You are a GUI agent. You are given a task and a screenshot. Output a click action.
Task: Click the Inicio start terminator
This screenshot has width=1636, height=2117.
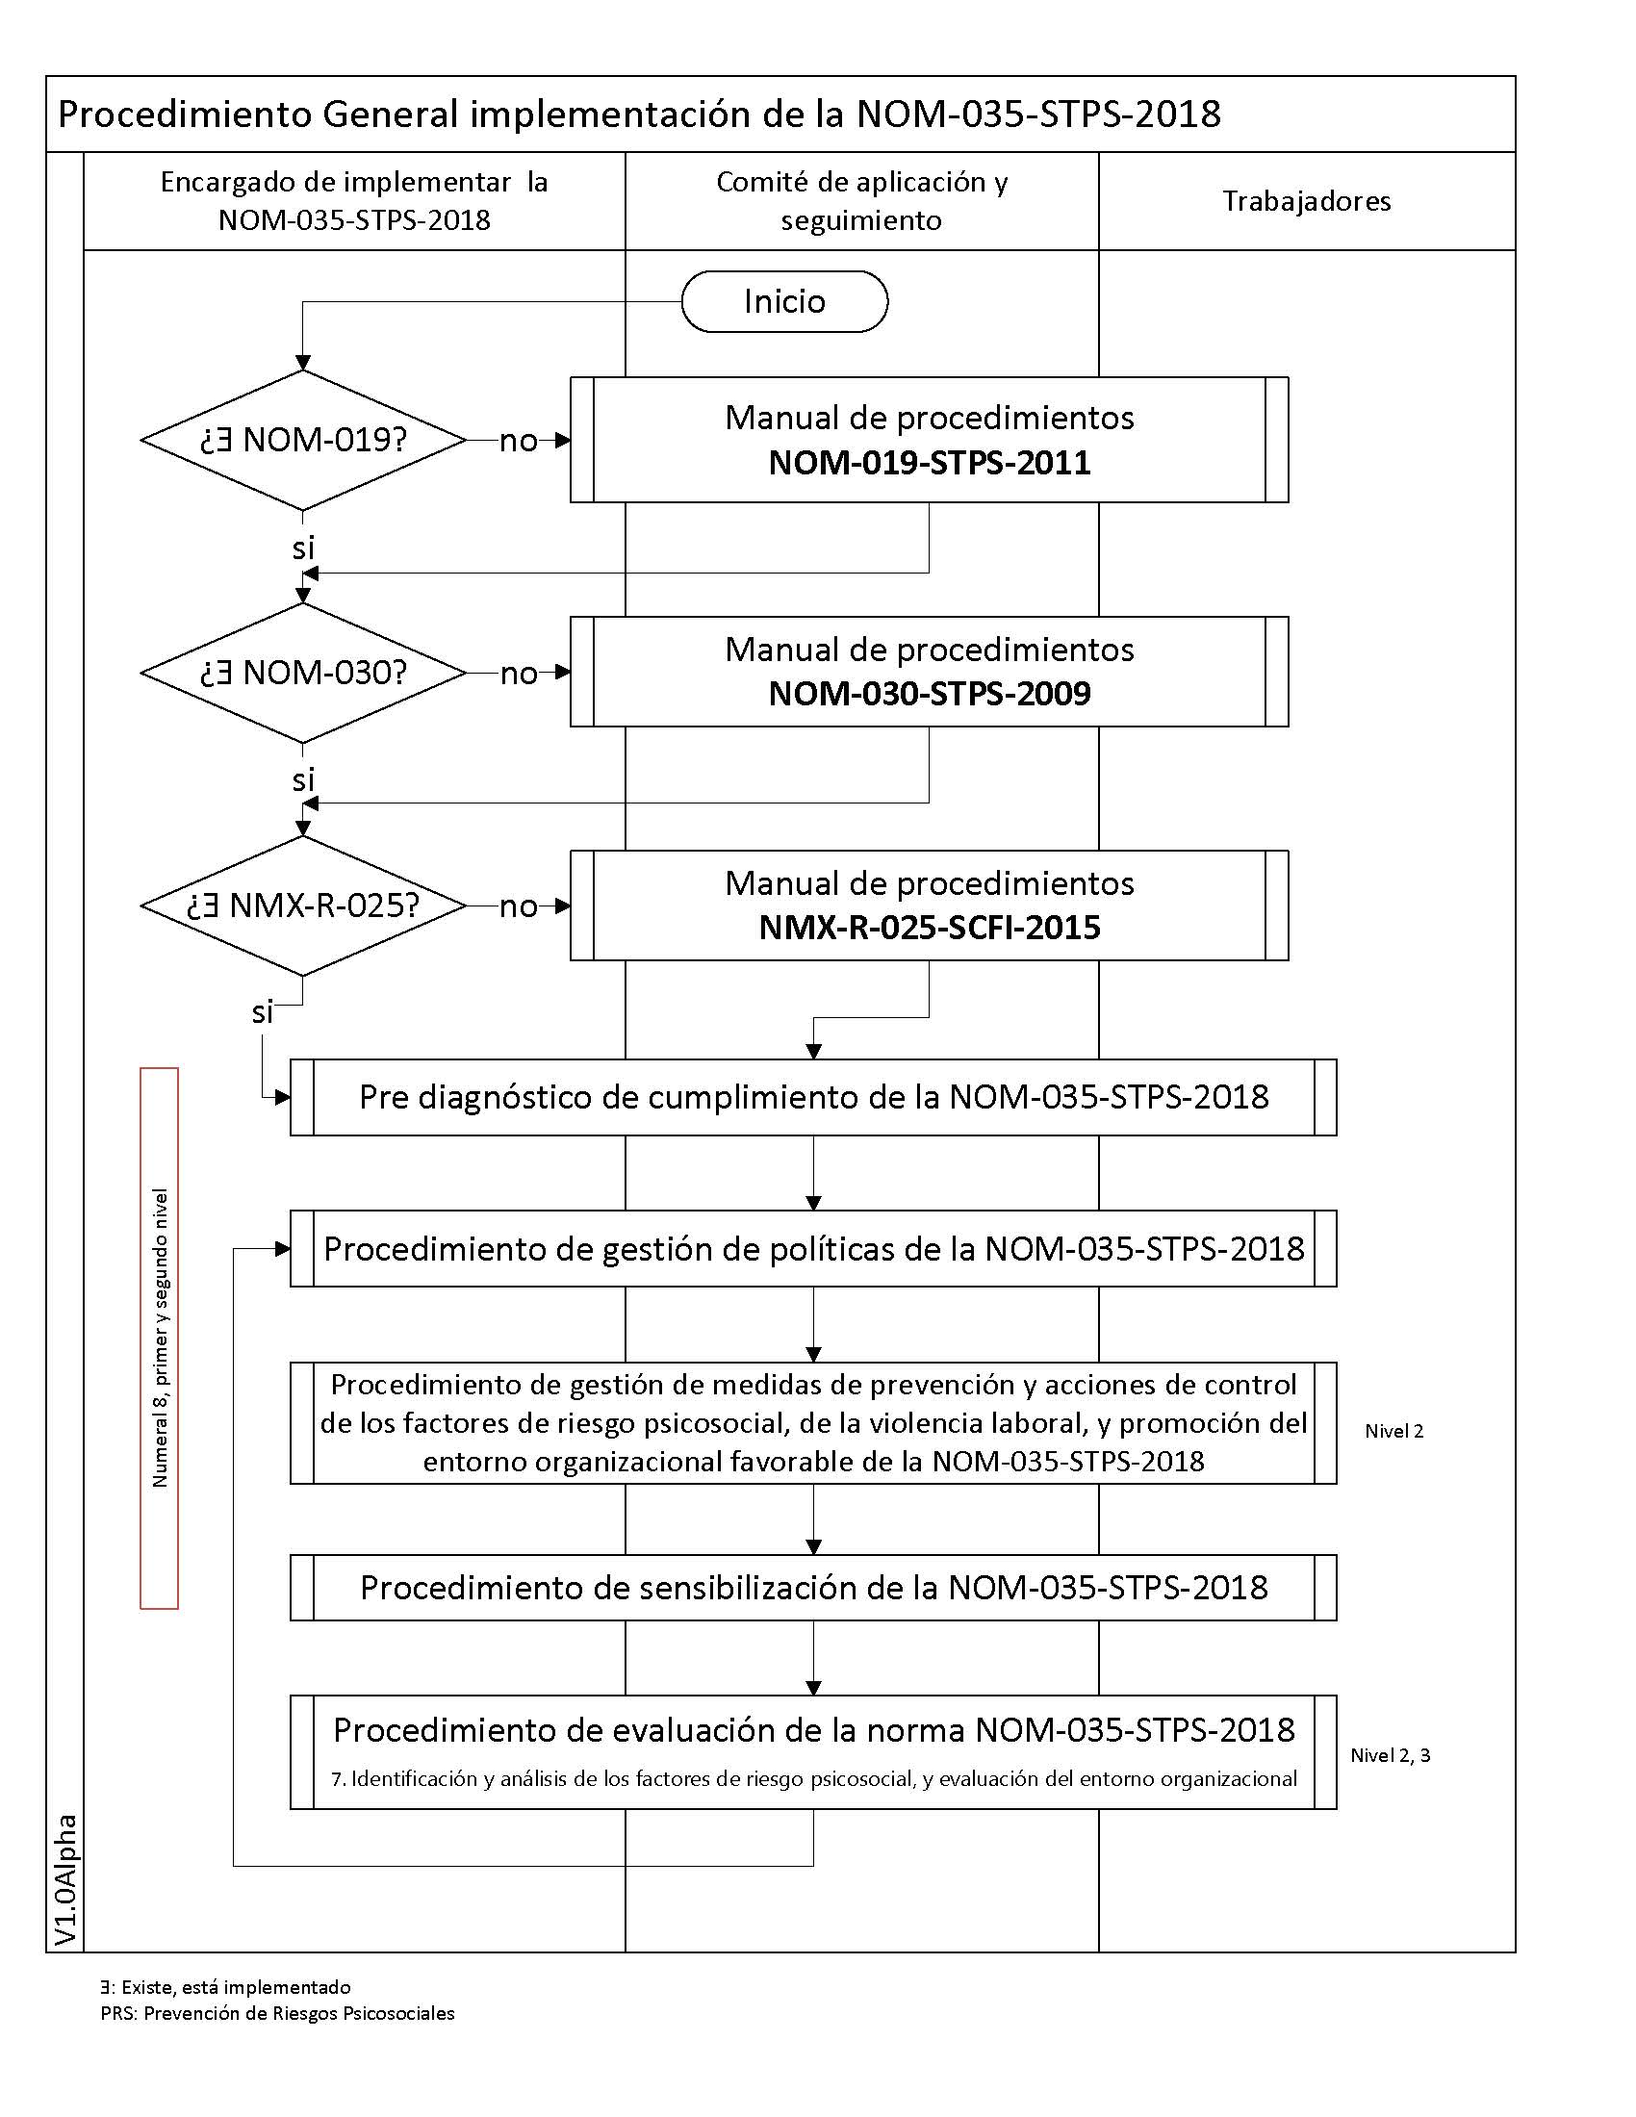pyautogui.click(x=784, y=301)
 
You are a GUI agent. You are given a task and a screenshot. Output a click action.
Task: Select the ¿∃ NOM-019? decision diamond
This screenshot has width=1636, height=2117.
pyautogui.click(x=303, y=440)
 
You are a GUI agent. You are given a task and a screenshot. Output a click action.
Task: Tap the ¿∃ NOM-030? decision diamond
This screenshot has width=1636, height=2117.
pyautogui.click(x=303, y=673)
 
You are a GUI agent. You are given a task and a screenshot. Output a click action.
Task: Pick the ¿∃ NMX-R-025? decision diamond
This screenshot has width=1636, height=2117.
pyautogui.click(x=303, y=905)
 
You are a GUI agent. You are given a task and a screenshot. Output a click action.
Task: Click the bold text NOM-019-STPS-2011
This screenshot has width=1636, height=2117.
pyautogui.click(x=929, y=462)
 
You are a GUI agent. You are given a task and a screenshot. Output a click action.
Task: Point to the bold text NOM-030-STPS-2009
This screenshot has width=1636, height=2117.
pyautogui.click(x=929, y=694)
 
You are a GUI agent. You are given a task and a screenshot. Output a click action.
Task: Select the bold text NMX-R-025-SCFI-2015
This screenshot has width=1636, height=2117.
pyautogui.click(x=929, y=928)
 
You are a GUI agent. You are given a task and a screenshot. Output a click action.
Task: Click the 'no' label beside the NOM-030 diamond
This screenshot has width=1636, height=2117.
pyautogui.click(x=519, y=674)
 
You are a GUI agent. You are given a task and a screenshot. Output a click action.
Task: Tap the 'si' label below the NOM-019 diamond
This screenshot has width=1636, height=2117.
pyautogui.click(x=303, y=548)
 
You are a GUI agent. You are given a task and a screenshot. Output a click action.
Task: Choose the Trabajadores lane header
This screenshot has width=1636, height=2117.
pyautogui.click(x=1306, y=202)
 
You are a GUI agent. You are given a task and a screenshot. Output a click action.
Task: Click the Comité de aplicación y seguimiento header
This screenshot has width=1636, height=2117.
pyautogui.click(x=861, y=201)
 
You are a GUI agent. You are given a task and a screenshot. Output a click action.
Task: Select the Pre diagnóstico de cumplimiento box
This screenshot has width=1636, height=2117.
pyautogui.click(x=813, y=1097)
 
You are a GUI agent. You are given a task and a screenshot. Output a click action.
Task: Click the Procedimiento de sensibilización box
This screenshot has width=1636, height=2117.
pyautogui.click(x=813, y=1588)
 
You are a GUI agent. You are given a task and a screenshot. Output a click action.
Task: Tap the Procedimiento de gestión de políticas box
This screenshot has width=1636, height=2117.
pyautogui.click(x=813, y=1248)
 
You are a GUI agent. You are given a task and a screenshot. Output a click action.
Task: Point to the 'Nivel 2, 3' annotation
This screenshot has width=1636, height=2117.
pyautogui.click(x=1390, y=1755)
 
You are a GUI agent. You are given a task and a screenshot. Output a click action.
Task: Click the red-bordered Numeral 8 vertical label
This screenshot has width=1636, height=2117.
pyautogui.click(x=160, y=1338)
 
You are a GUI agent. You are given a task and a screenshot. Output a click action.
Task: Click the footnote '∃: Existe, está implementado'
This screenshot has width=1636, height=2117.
pyautogui.click(x=225, y=1987)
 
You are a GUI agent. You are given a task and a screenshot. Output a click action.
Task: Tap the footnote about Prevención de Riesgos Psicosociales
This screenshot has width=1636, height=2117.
pyautogui.click(x=277, y=2013)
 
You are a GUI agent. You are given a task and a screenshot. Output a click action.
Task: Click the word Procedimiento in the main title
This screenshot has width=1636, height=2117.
pyautogui.click(x=184, y=115)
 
